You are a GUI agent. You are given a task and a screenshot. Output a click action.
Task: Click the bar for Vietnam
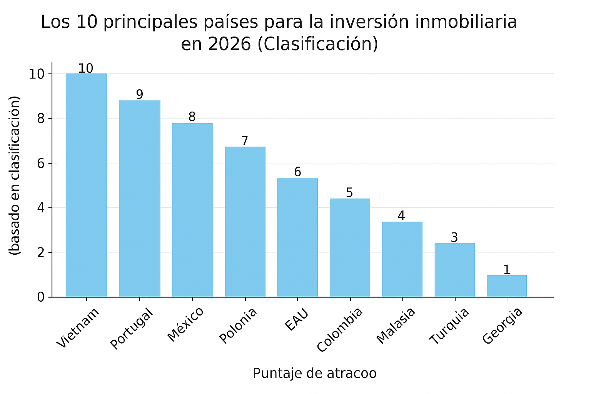pyautogui.click(x=86, y=185)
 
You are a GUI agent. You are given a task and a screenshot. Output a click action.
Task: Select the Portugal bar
pyautogui.click(x=139, y=199)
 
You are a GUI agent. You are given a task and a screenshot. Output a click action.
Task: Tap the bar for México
pyautogui.click(x=192, y=210)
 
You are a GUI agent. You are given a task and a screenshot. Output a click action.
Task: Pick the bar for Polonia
pyautogui.click(x=245, y=222)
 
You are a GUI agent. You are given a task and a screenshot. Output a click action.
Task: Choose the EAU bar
pyautogui.click(x=297, y=237)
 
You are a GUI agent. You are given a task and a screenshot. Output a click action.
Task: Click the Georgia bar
pyautogui.click(x=506, y=286)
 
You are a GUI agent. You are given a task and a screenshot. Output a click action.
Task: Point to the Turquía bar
pyautogui.click(x=454, y=270)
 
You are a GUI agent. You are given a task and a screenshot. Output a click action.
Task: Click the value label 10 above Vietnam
pyautogui.click(x=85, y=68)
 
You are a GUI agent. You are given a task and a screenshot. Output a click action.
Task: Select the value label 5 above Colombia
pyautogui.click(x=349, y=192)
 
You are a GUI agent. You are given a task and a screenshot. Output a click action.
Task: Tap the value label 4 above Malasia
pyautogui.click(x=401, y=215)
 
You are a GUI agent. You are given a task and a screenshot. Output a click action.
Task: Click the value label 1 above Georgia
pyautogui.click(x=507, y=269)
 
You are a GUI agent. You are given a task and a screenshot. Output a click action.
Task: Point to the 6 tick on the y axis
pyautogui.click(x=41, y=163)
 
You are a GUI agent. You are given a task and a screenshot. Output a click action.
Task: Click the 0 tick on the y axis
pyautogui.click(x=41, y=297)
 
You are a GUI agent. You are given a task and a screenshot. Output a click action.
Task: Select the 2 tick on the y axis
pyautogui.click(x=41, y=252)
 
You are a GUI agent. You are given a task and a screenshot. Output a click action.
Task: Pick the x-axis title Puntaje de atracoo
pyautogui.click(x=314, y=373)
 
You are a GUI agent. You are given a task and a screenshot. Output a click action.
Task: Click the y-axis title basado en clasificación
pyautogui.click(x=15, y=175)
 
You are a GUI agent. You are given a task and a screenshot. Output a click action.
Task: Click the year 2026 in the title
pyautogui.click(x=229, y=44)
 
